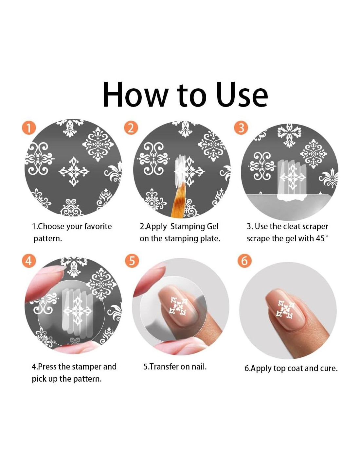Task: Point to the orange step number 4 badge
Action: coord(28,261)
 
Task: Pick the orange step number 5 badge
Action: coord(132,261)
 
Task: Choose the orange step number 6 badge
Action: coord(244,261)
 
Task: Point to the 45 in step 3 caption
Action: coord(320,239)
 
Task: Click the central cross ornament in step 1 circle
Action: coord(74,171)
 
